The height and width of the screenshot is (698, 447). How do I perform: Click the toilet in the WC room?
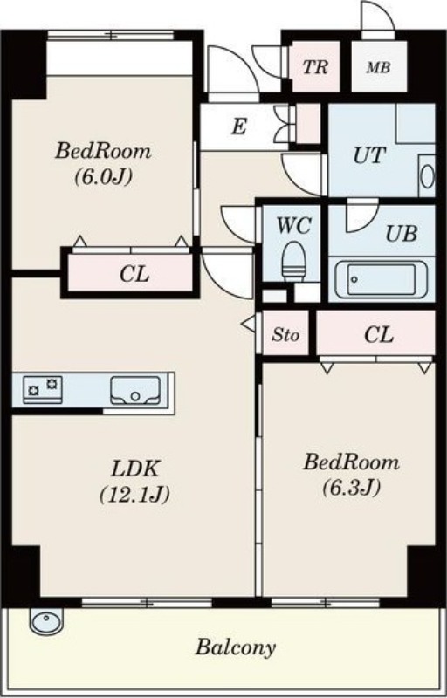(294, 261)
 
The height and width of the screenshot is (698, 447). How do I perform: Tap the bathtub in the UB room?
(382, 279)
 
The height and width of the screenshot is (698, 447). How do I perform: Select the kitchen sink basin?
(135, 390)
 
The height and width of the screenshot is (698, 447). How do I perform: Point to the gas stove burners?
(43, 387)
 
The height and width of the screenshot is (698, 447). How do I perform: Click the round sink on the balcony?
(46, 620)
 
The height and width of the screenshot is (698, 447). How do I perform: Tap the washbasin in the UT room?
(427, 176)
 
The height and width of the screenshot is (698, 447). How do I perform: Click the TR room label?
(315, 67)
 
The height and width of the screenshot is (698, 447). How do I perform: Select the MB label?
(378, 68)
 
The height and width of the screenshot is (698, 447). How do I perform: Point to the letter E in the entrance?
(239, 127)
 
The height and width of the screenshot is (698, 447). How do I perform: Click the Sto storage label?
(285, 335)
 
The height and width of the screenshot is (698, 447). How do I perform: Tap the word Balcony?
(236, 647)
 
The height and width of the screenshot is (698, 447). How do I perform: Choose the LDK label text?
(134, 469)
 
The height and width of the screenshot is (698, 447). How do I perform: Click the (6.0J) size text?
(103, 177)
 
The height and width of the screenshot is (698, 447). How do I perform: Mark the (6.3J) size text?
(351, 488)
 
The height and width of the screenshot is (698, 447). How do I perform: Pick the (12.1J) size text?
(134, 495)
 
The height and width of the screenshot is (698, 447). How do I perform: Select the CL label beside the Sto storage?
(378, 335)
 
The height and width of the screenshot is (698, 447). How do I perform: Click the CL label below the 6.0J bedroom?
(134, 275)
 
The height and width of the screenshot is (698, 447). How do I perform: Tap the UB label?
(401, 234)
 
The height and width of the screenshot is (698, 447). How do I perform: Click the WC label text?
(293, 226)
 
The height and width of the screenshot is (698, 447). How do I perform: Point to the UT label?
(368, 156)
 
